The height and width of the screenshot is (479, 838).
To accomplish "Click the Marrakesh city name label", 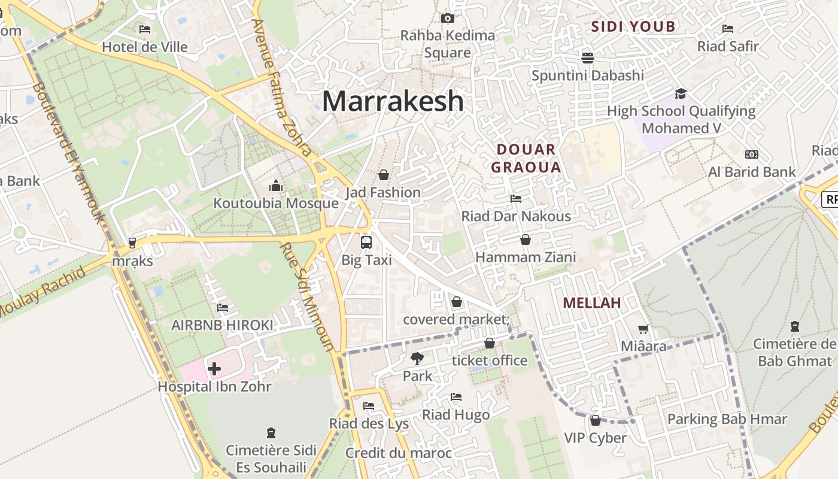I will (393, 101).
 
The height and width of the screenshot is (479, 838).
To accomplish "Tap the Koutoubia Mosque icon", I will (276, 186).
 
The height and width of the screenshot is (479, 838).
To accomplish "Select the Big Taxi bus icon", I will (366, 242).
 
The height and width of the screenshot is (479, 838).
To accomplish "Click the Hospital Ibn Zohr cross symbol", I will (214, 369).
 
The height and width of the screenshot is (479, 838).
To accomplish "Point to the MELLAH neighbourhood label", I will (591, 303).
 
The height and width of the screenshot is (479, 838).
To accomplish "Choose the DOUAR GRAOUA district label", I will (526, 158).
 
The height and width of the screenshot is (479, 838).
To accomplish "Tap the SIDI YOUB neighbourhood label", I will (633, 26).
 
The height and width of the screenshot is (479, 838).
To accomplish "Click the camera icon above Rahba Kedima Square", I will (448, 19).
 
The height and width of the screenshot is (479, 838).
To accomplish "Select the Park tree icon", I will (417, 359).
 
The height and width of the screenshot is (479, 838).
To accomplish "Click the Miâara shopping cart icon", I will (643, 329).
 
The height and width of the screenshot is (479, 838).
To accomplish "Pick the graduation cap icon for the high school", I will (681, 93).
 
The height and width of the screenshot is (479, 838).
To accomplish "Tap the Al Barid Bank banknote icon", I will (752, 154).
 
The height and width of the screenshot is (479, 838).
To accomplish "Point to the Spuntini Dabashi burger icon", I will (588, 57).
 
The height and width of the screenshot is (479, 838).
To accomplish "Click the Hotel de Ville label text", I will (145, 47).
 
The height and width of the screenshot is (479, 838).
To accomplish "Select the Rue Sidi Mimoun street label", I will (308, 296).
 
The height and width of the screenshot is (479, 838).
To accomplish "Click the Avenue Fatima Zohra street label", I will (281, 87).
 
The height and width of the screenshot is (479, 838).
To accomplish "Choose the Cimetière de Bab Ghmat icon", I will (795, 326).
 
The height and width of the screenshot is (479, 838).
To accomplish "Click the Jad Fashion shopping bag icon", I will (384, 175).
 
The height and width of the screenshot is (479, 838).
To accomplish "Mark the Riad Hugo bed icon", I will (456, 397).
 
